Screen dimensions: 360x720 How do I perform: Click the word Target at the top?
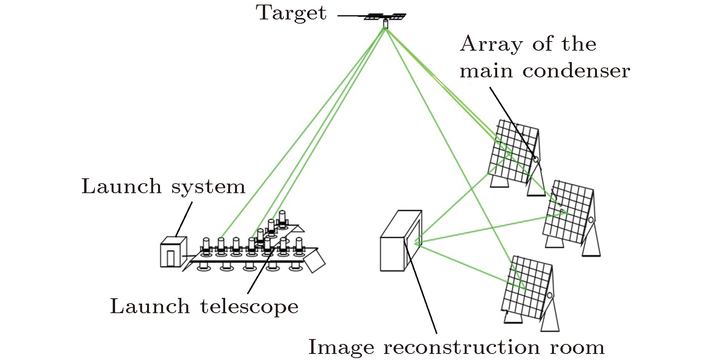[x=291, y=13]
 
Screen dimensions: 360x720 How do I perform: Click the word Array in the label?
[x=491, y=44]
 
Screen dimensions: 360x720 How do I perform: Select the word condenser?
[x=576, y=71]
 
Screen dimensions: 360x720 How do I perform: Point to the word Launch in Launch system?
[x=122, y=187]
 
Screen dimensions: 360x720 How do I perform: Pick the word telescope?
[x=249, y=307]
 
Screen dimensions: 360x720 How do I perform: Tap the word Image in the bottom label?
[x=341, y=347]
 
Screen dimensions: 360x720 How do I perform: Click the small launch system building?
[x=173, y=252]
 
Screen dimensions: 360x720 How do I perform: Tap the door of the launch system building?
[x=171, y=258]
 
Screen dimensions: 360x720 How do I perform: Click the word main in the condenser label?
[x=486, y=71]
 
